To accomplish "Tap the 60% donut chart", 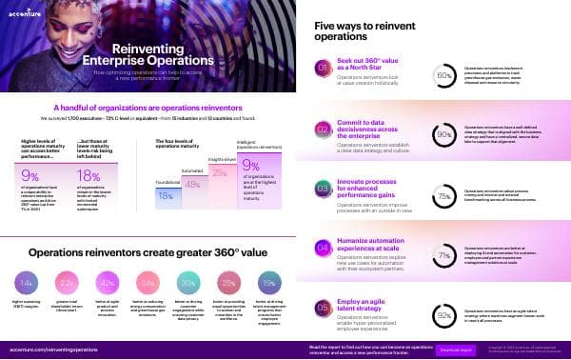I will coord(443,74).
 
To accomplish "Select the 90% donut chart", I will coord(443,135).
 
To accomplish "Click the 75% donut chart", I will coord(443,196).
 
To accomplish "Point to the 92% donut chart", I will coord(443,311).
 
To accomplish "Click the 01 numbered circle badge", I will coord(323,69).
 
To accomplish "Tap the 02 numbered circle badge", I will coord(323,130).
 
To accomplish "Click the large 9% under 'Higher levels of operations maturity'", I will coord(30,174).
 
